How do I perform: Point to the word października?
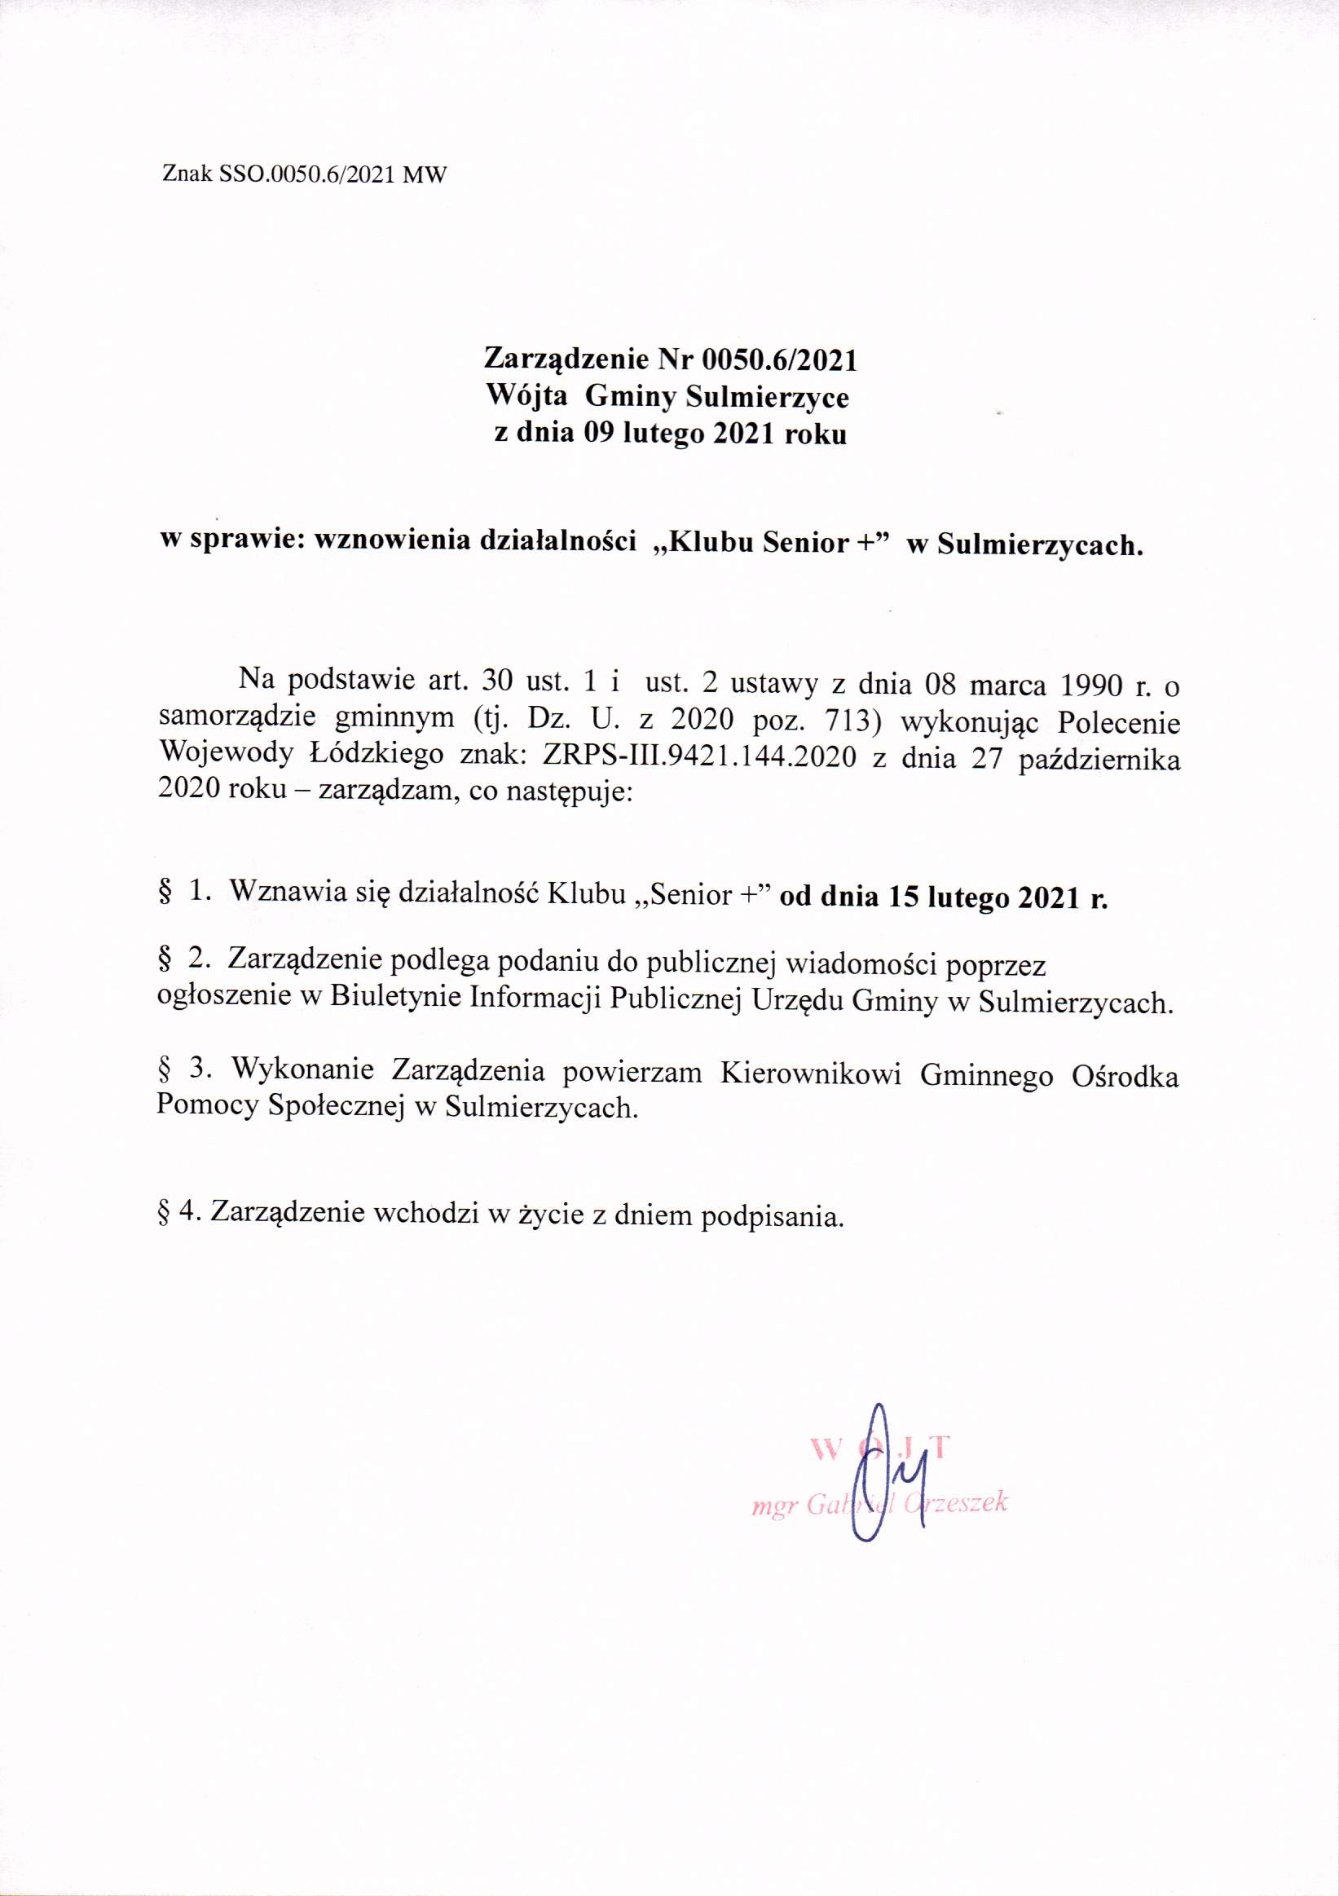pos(1099,759)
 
